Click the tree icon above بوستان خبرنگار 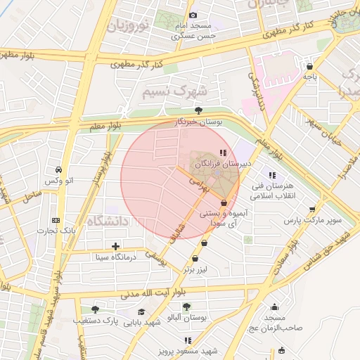pyautogui.click(x=199, y=110)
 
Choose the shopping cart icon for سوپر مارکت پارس pyautogui.click(x=312, y=209)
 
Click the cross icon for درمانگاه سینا pyautogui.click(x=115, y=245)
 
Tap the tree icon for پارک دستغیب pyautogui.click(x=96, y=309)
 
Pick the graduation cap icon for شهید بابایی pyautogui.click(x=141, y=311)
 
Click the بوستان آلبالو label pyautogui.click(x=186, y=319)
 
